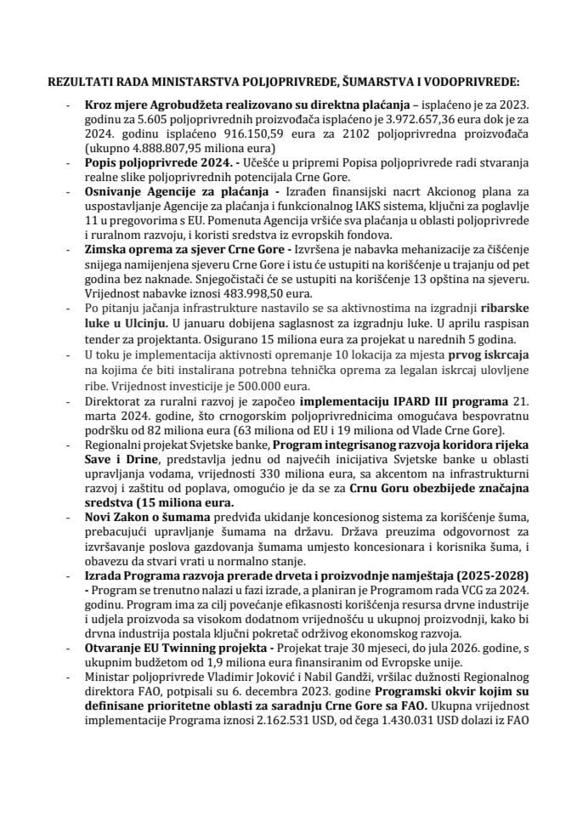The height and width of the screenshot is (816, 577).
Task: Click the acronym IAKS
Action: (x=320, y=206)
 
